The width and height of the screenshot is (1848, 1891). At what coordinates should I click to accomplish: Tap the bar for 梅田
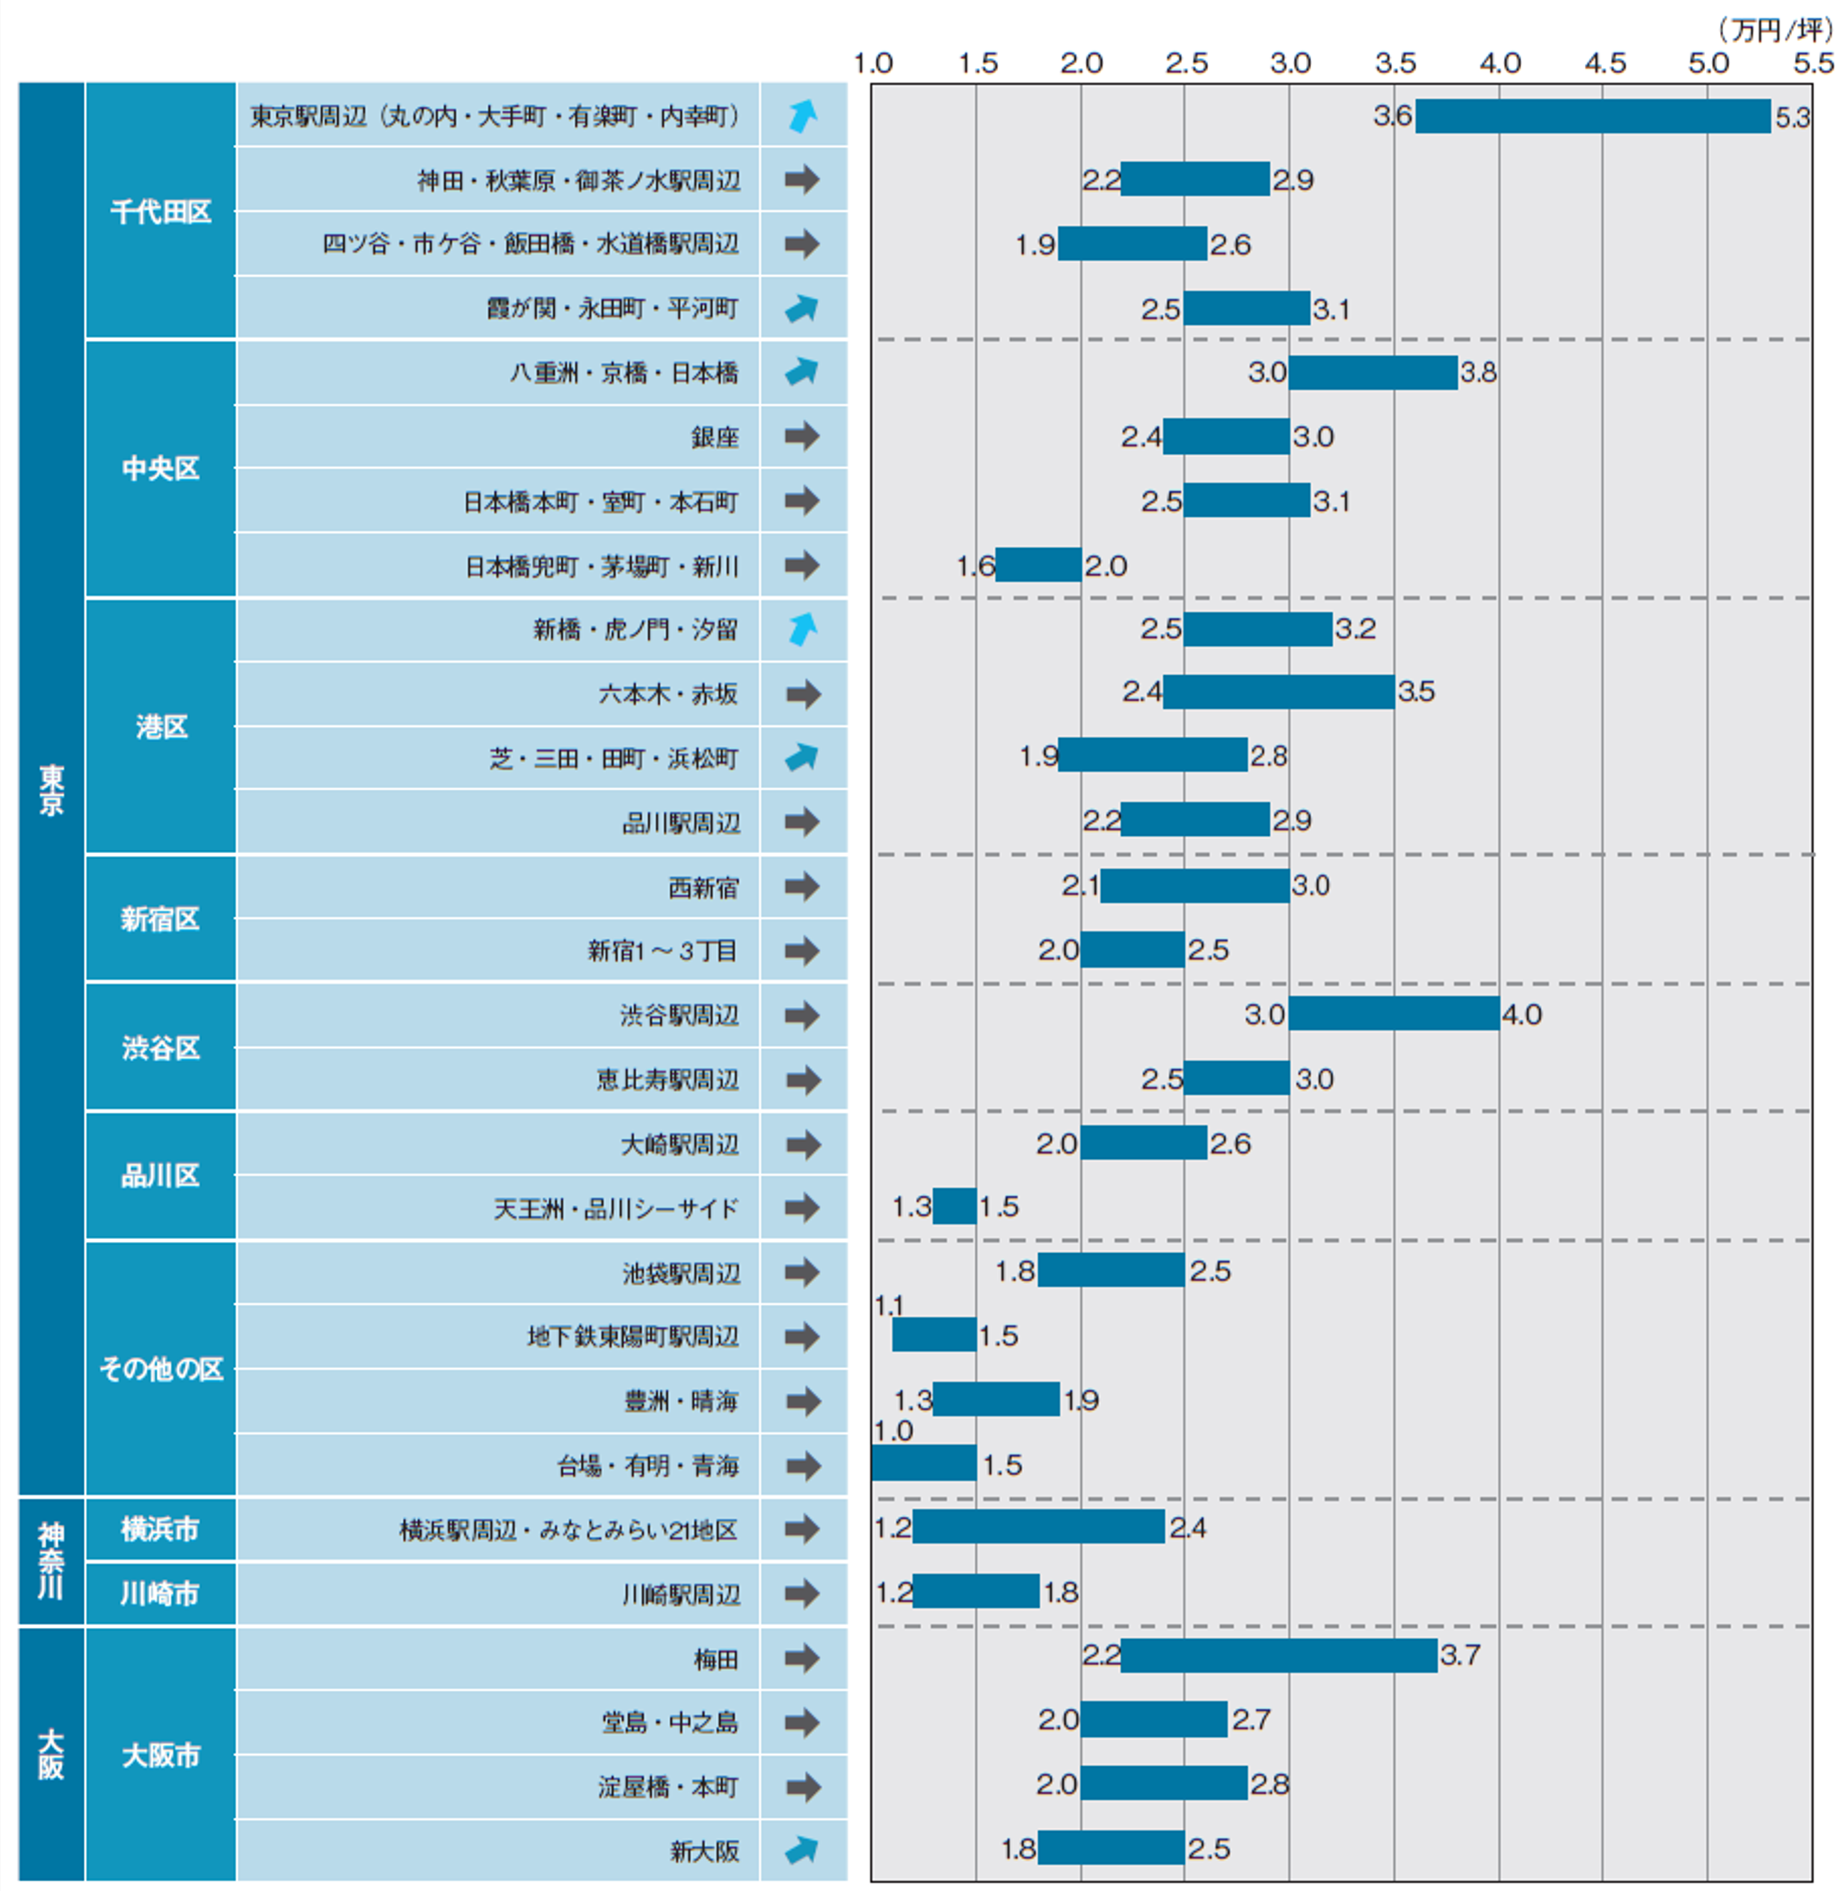pos(1278,1656)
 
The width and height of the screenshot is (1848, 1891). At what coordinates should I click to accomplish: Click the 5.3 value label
pos(1793,117)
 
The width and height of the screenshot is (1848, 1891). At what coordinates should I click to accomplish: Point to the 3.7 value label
pos(1460,1655)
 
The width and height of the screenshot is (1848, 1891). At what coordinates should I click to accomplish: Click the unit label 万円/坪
pos(1775,29)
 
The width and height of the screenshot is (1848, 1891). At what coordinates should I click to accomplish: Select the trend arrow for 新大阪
pos(801,1850)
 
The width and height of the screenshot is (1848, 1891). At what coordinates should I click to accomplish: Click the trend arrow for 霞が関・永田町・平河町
pos(801,309)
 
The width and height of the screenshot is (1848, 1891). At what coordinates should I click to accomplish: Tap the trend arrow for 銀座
pos(801,437)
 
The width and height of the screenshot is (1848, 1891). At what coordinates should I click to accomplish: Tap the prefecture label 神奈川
pos(51,1561)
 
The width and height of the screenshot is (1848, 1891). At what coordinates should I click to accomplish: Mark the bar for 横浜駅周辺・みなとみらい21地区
pos(1038,1527)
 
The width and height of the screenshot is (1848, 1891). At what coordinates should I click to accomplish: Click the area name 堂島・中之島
pos(670,1722)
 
